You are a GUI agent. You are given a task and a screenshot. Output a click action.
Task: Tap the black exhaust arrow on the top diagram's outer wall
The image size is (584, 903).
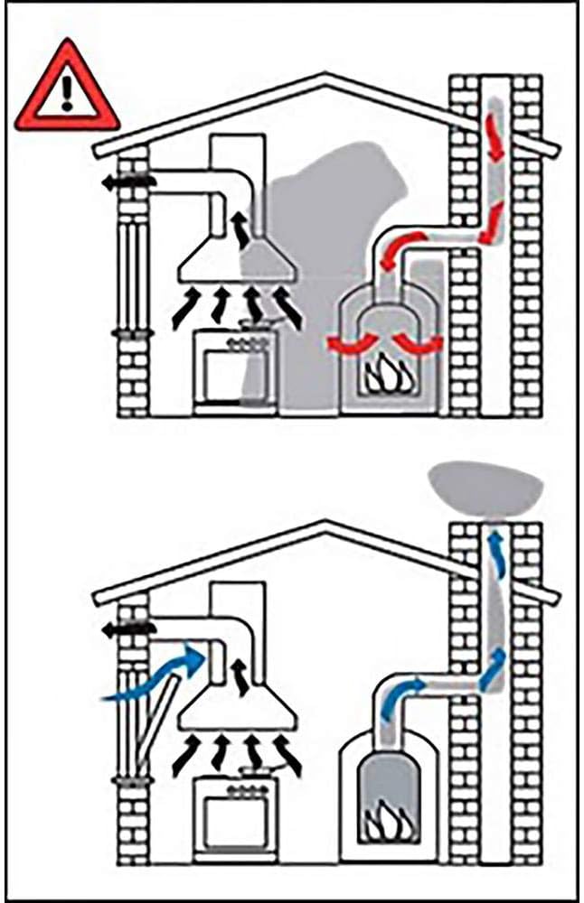[x=127, y=182]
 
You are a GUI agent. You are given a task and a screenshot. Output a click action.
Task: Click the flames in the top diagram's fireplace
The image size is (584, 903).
[x=387, y=374]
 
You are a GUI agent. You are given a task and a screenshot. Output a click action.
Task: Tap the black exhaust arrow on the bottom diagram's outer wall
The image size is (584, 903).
[x=127, y=628]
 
